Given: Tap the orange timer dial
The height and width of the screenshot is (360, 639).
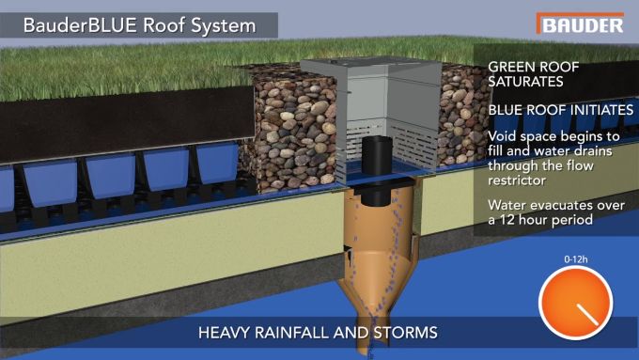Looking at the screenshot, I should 575,302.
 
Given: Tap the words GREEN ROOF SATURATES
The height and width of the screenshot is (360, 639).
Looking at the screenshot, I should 533,76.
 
